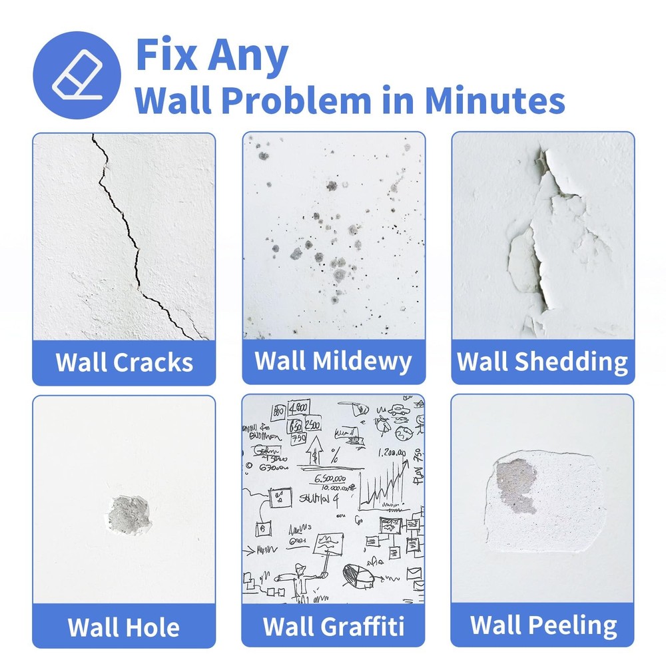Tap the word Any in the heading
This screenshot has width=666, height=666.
click(x=246, y=56)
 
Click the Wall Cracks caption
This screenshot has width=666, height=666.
click(x=124, y=363)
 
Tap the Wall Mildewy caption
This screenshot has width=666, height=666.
click(x=333, y=361)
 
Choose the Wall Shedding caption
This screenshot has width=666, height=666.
click(x=542, y=362)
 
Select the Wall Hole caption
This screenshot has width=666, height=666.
click(x=124, y=627)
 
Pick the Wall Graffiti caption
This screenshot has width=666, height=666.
click(x=333, y=627)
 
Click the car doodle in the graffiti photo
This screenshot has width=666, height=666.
click(x=400, y=411)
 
